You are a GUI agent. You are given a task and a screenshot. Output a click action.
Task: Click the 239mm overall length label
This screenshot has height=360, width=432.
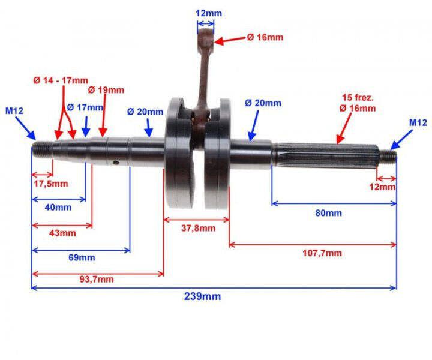pyautogui.click(x=202, y=296)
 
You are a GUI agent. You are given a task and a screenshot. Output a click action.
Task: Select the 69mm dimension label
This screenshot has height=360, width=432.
pyautogui.click(x=82, y=257)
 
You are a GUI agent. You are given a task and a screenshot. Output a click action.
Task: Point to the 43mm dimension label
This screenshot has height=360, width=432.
pyautogui.click(x=62, y=233)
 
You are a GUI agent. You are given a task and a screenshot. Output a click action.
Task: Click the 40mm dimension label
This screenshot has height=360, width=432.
pyautogui.click(x=58, y=207)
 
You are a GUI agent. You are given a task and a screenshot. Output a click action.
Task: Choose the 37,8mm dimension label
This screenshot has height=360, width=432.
pyautogui.click(x=197, y=228)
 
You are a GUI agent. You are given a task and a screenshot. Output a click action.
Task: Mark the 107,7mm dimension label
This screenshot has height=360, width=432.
pyautogui.click(x=323, y=253)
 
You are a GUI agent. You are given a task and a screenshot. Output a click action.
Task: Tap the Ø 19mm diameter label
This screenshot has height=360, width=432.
pyautogui.click(x=106, y=89)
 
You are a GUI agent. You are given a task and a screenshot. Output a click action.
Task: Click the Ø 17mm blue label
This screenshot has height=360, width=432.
pyautogui.click(x=85, y=107)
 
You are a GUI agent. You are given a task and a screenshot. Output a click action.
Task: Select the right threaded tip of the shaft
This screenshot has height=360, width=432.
pyautogui.click(x=388, y=157)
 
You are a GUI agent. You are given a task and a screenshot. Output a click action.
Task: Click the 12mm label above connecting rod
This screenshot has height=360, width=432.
pyautogui.click(x=205, y=11)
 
